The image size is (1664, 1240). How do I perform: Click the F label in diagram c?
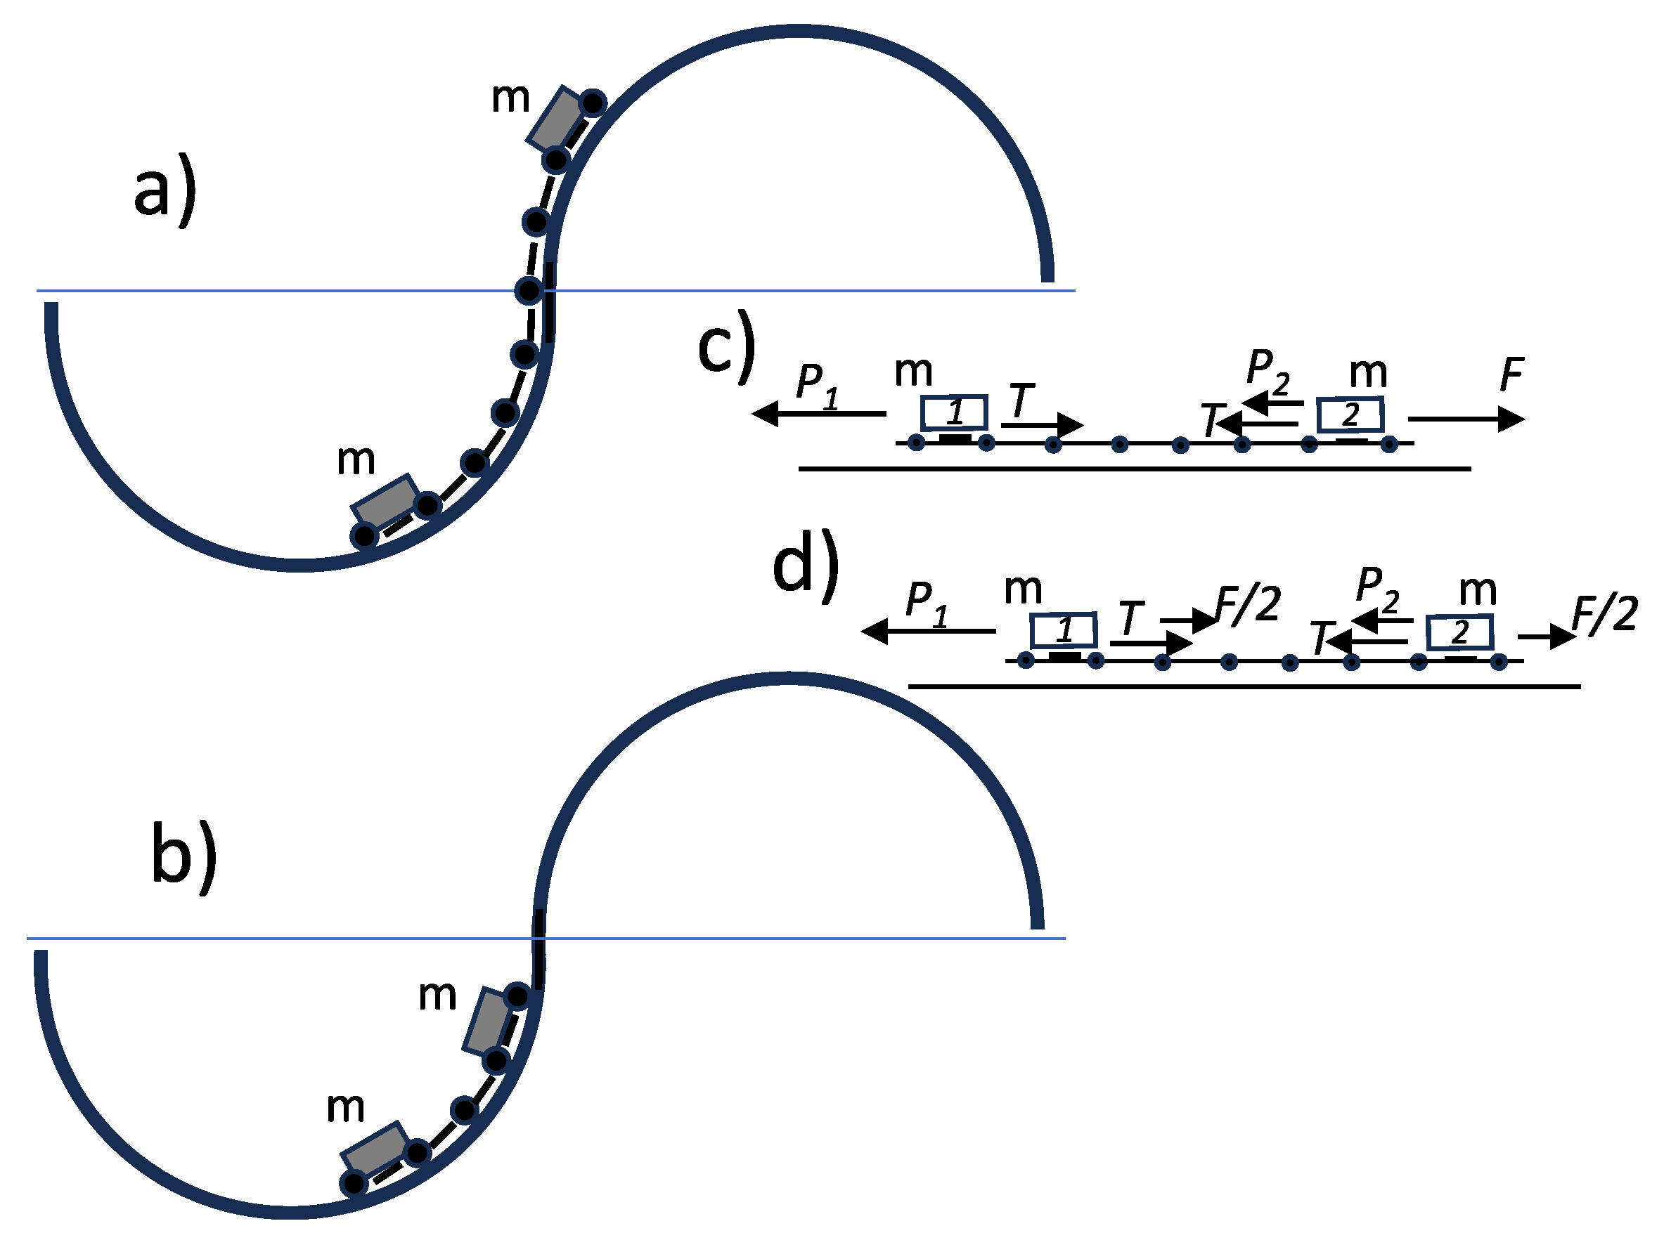1511,374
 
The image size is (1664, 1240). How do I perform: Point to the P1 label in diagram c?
816,384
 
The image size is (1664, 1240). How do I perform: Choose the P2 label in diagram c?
1268,370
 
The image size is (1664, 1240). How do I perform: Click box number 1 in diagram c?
954,412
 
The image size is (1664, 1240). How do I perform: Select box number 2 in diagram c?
1349,415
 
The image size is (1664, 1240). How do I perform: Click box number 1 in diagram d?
1063,629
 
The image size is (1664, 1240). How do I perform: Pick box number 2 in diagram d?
1459,632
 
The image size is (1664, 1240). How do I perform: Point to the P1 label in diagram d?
926,602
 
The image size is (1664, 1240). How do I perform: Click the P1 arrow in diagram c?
818,414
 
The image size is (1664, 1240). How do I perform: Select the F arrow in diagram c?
1466,419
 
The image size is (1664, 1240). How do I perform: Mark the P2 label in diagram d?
1378,588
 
